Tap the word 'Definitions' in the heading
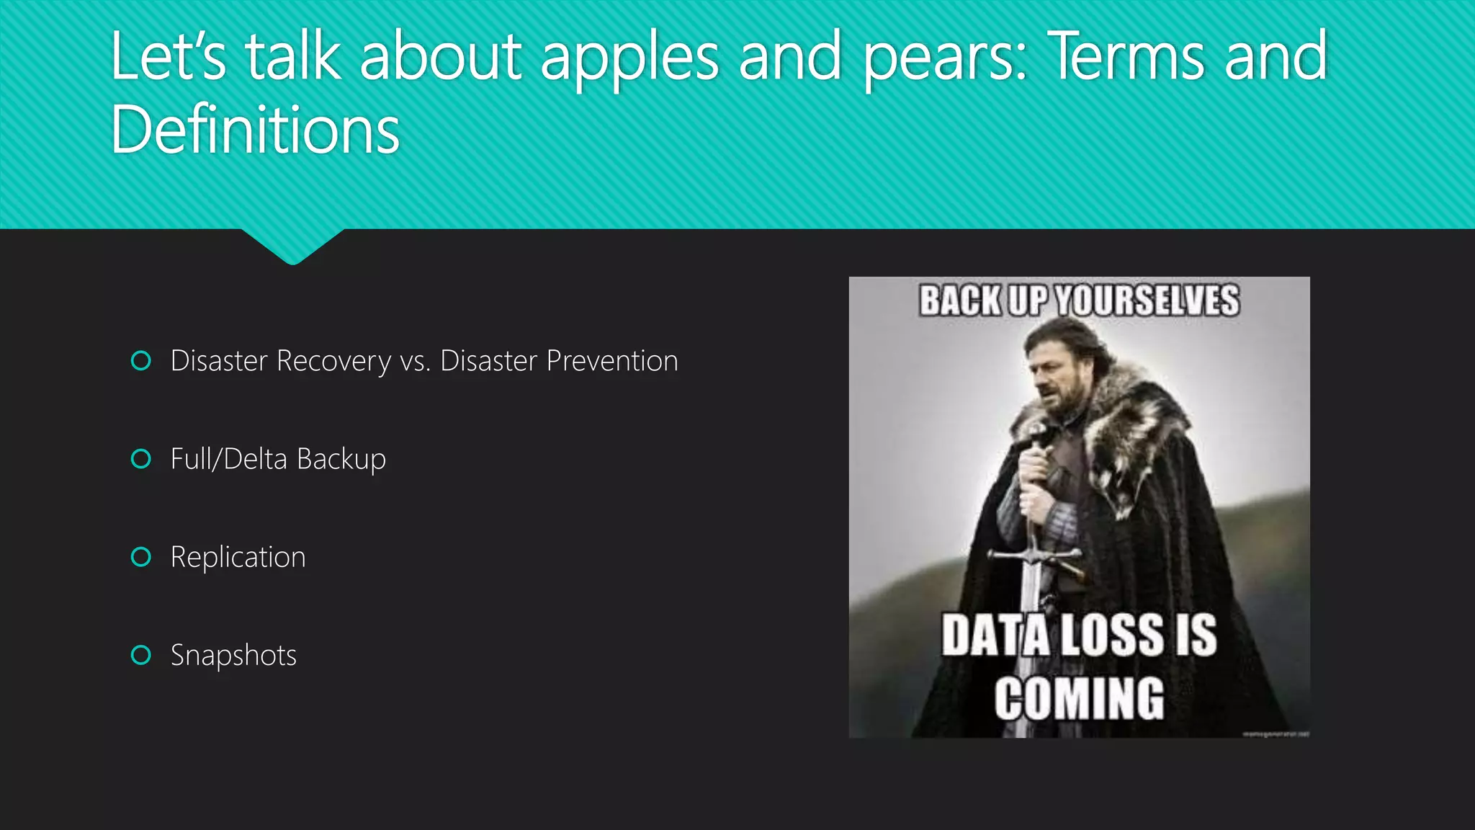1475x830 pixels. tap(255, 130)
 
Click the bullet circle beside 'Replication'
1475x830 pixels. tap(141, 557)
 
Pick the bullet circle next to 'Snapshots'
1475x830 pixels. tap(141, 655)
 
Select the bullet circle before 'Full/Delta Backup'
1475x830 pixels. tap(141, 459)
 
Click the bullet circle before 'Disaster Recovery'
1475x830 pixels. tap(141, 360)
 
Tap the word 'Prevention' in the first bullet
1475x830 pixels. tap(612, 361)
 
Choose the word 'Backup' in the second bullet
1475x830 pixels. tap(341, 460)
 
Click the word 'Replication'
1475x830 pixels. tap(238, 558)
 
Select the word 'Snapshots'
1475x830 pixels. tap(233, 656)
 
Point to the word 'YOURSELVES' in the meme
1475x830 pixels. tap(1148, 300)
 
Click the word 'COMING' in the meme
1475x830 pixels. tap(1079, 698)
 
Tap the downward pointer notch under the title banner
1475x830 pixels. tap(292, 249)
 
